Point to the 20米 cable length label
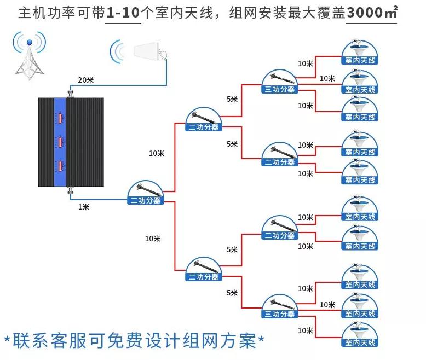point(86,80)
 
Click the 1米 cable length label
point(83,206)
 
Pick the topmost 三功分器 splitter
point(279,83)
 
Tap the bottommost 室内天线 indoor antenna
point(360,335)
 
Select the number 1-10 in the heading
point(124,13)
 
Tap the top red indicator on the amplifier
point(60,118)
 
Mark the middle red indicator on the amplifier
point(60,142)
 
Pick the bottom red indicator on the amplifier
point(60,166)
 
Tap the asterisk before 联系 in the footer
point(7,340)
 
